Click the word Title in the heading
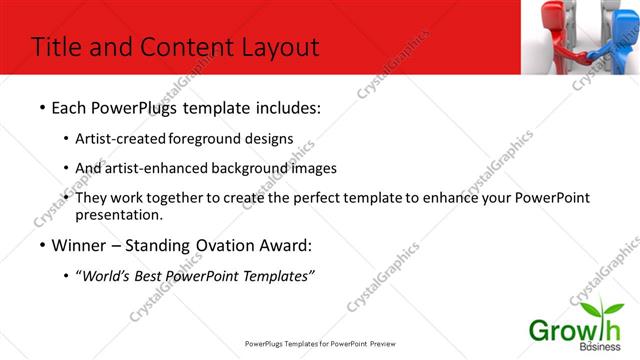pos(57,47)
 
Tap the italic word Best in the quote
pos(154,274)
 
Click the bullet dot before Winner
pos(41,245)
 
